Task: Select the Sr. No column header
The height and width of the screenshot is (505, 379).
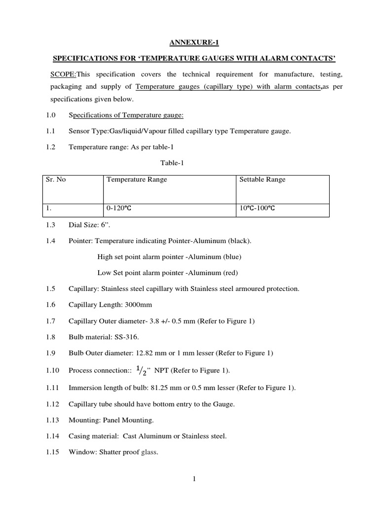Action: [56, 180]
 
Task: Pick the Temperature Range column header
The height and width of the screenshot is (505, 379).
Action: [137, 180]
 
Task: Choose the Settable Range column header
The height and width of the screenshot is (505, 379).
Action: [262, 180]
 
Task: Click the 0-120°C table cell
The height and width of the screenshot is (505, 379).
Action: [118, 209]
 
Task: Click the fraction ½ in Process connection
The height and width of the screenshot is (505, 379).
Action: [141, 371]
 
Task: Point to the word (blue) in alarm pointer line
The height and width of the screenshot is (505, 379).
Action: [232, 257]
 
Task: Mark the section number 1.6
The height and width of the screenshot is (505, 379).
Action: [51, 305]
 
